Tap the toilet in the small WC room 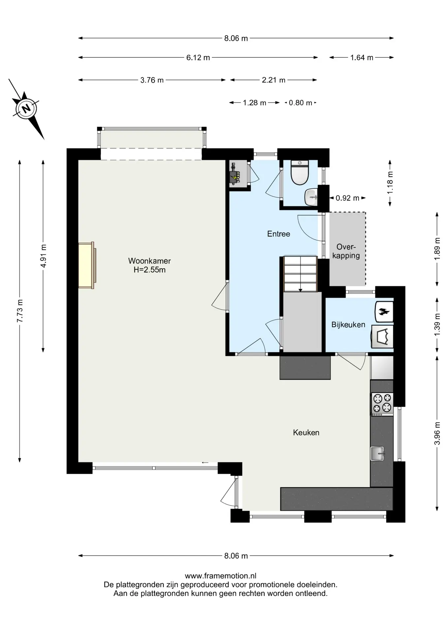click(300, 173)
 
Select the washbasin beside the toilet click(311, 197)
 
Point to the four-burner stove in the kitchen click(382, 404)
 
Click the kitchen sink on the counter click(377, 453)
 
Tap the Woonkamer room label click(149, 265)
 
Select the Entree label click(278, 234)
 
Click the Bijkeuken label click(348, 325)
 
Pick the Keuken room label click(306, 433)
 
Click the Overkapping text click(346, 251)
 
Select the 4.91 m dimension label click(43, 256)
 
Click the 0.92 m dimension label click(347, 198)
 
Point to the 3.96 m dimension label click(437, 433)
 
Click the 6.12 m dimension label click(198, 58)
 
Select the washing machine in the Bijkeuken click(382, 337)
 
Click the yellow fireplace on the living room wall click(87, 265)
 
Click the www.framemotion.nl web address click(220, 576)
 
